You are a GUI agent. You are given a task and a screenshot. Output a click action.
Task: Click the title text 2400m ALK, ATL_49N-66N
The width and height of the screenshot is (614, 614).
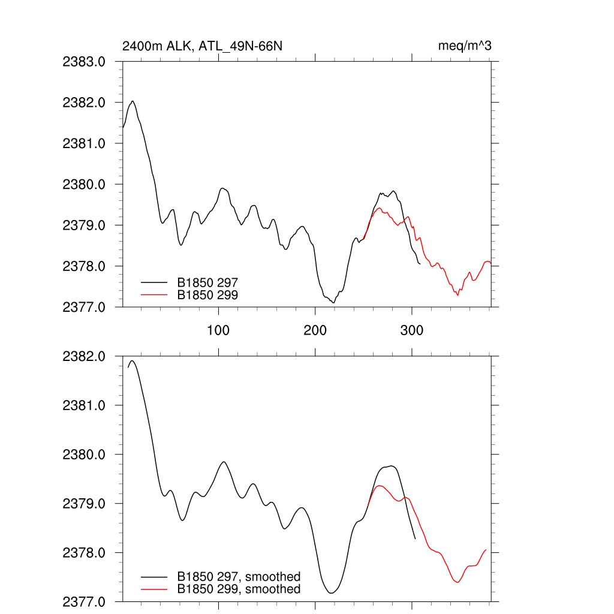[x=201, y=46]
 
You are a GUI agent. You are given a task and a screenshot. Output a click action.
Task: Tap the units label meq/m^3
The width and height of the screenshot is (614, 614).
[x=465, y=46]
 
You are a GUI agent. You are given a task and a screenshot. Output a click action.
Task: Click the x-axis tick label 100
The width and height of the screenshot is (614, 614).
[x=218, y=330]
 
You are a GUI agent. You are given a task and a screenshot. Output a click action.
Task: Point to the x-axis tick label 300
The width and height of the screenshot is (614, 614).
[x=411, y=330]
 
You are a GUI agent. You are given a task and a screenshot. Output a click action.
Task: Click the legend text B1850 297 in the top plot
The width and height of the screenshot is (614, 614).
[x=207, y=281]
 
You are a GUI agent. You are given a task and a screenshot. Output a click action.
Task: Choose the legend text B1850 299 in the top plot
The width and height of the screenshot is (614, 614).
[x=207, y=294]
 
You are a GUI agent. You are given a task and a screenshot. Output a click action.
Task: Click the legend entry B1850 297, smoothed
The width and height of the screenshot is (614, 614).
[x=239, y=577]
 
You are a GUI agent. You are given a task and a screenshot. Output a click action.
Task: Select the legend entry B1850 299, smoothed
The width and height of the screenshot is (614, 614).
[x=239, y=589]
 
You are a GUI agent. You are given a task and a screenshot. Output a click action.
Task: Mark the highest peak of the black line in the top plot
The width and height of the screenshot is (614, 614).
[x=133, y=101]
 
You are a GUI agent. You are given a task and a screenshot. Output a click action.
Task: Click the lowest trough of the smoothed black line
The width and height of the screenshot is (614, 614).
[x=330, y=593]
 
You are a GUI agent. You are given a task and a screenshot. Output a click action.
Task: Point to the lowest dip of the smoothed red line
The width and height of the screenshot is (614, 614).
[x=458, y=582]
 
